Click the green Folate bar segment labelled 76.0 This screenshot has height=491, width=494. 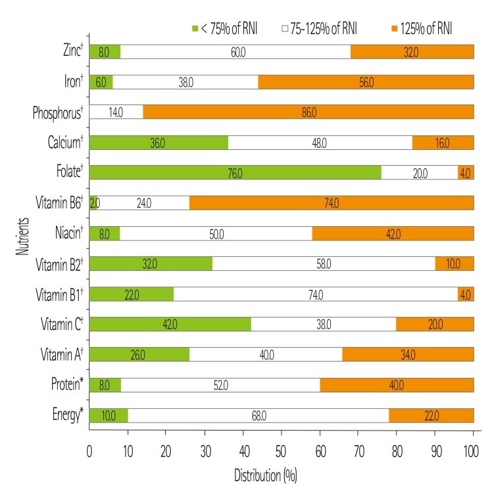click(x=235, y=172)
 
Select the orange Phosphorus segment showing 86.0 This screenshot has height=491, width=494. click(x=308, y=112)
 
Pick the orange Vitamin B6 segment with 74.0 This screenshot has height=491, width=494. click(x=331, y=203)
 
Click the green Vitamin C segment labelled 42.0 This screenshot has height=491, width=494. click(x=170, y=324)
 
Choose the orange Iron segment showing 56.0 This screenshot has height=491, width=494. click(x=366, y=82)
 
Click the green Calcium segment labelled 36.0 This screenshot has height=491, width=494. click(x=158, y=142)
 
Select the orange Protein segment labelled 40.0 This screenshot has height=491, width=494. click(x=397, y=385)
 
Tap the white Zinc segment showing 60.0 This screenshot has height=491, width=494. click(x=235, y=51)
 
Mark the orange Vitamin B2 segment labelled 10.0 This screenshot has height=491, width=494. click(x=454, y=264)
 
